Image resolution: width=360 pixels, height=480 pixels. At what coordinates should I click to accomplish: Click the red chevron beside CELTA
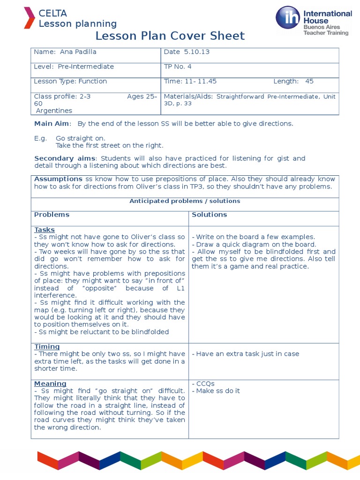pyautogui.click(x=29, y=18)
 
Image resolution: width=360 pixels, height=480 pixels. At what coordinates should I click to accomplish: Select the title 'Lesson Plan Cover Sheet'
pyautogui.click(x=170, y=36)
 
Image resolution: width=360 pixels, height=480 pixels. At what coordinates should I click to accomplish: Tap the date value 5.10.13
pyautogui.click(x=196, y=52)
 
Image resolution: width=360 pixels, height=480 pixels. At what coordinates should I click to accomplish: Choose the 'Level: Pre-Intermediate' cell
pyautogui.click(x=74, y=67)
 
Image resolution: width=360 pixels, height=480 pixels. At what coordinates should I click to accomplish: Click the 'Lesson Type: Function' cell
pyautogui.click(x=70, y=81)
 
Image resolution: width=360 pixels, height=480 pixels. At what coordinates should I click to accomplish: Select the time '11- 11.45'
pyautogui.click(x=201, y=81)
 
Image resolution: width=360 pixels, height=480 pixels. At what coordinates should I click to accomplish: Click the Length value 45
pyautogui.click(x=309, y=81)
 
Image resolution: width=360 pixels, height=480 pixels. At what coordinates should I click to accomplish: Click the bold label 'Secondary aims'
pyautogui.click(x=65, y=158)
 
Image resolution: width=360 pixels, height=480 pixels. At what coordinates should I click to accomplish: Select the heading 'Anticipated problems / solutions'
pyautogui.click(x=185, y=201)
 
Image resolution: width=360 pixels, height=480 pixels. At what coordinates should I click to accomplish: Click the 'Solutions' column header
pyautogui.click(x=210, y=215)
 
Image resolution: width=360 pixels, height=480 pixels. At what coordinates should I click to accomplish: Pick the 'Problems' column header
pyautogui.click(x=52, y=215)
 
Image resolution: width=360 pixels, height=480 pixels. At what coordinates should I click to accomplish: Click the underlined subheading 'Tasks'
pyautogui.click(x=45, y=230)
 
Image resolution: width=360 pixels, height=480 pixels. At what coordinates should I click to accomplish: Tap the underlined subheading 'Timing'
pyautogui.click(x=47, y=347)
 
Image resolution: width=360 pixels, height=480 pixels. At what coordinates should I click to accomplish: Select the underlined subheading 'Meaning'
pyautogui.click(x=50, y=383)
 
